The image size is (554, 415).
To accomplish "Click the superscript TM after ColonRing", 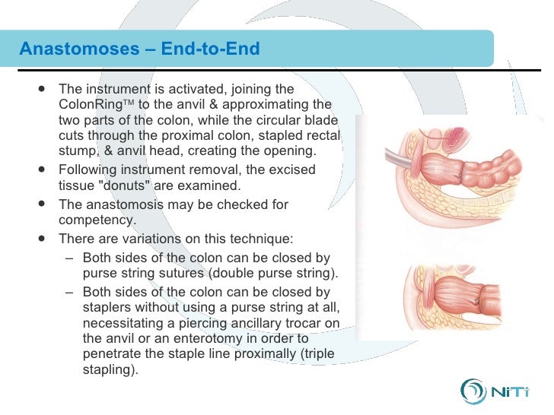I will [x=126, y=102].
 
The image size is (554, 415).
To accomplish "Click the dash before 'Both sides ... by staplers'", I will [x=69, y=291].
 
